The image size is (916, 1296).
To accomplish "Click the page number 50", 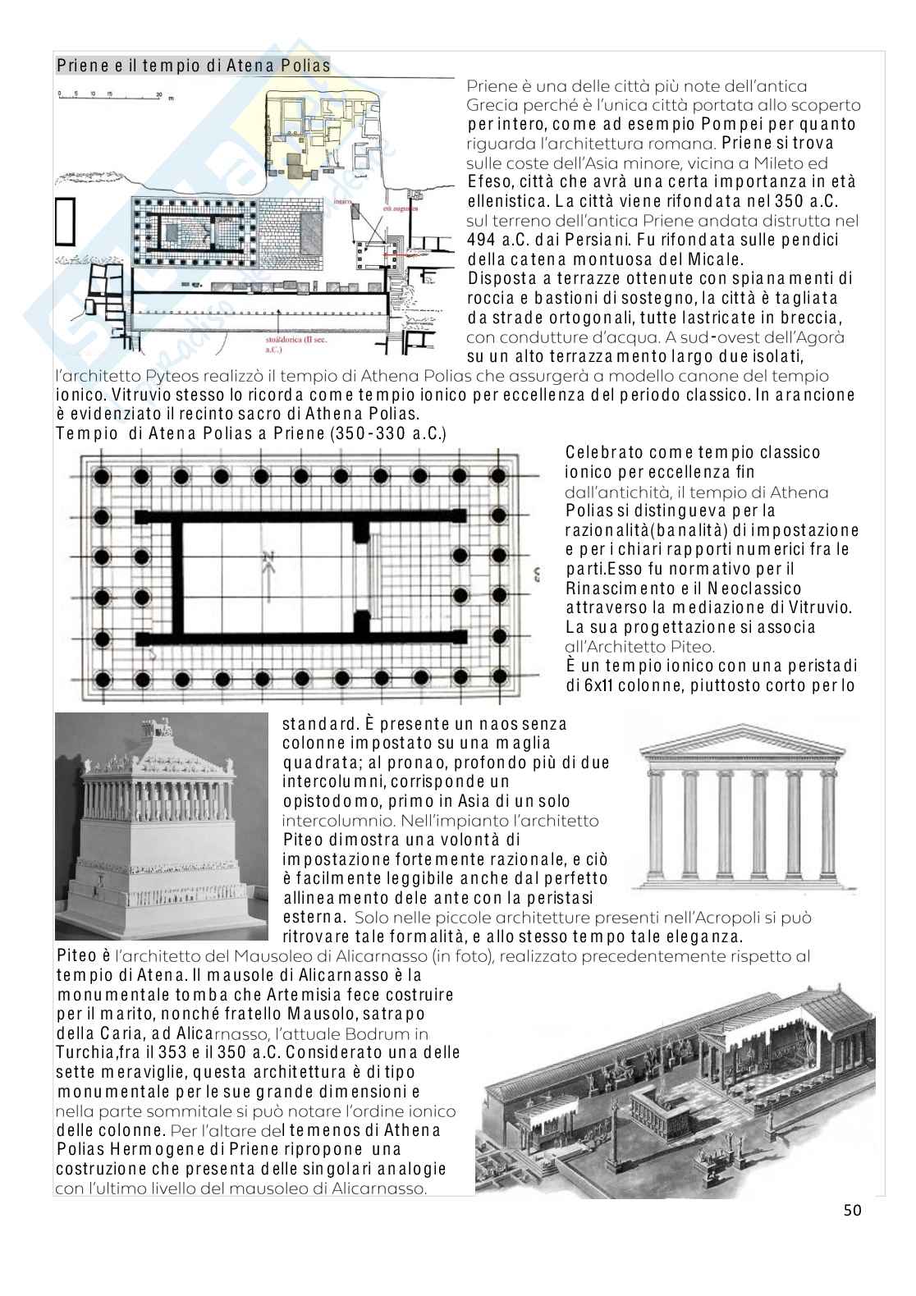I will point(852,1209).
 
